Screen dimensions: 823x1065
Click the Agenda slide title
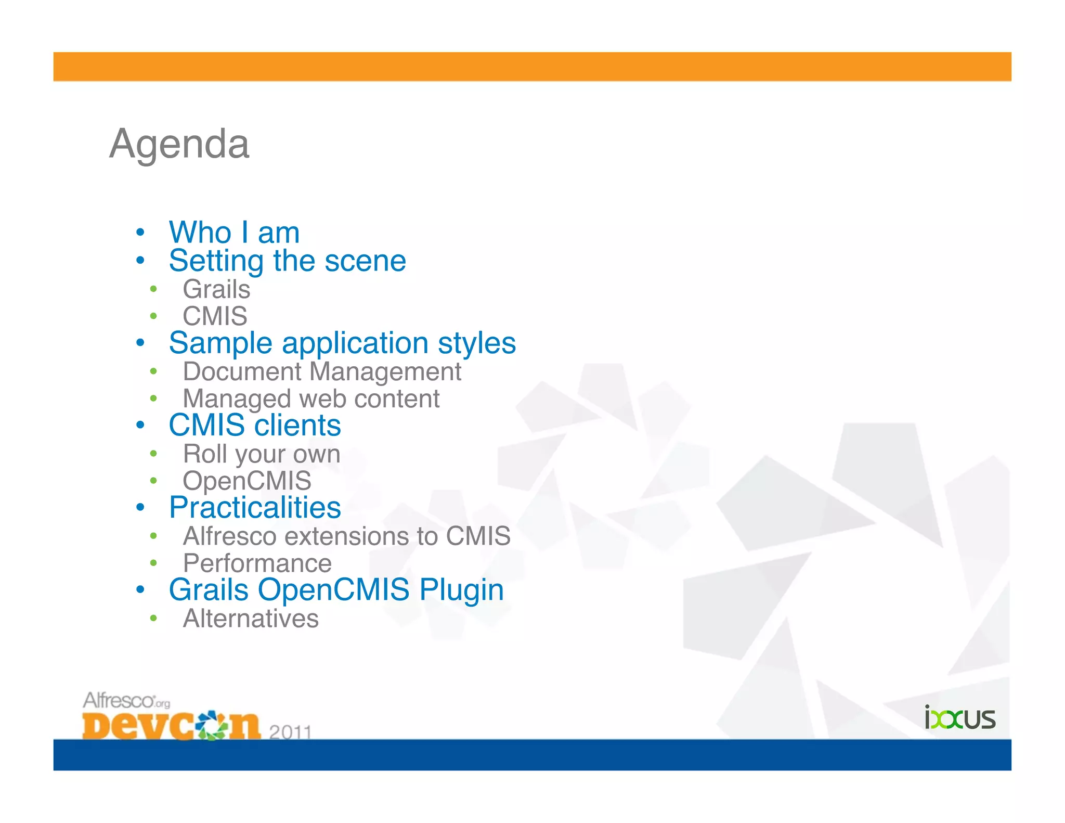click(x=179, y=144)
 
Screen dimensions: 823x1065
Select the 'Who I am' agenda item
click(x=234, y=233)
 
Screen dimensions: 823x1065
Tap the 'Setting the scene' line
click(x=287, y=261)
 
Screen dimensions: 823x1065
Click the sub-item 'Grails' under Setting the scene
click(x=216, y=289)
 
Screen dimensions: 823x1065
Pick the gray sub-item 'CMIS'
click(x=215, y=316)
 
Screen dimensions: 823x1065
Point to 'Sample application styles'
click(x=342, y=343)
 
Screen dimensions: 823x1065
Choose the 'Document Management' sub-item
click(x=322, y=372)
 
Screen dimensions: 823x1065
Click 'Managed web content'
click(x=311, y=399)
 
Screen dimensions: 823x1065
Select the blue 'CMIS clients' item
click(x=255, y=426)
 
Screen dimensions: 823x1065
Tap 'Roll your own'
click(x=262, y=454)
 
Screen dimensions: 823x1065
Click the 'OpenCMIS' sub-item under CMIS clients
click(x=247, y=481)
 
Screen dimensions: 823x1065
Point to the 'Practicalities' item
click(x=255, y=508)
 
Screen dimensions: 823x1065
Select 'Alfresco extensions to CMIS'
click(x=347, y=536)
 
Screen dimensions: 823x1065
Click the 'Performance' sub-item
click(x=257, y=563)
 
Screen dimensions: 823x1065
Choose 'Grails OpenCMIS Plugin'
click(x=336, y=590)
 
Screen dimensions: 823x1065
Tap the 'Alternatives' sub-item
click(x=251, y=619)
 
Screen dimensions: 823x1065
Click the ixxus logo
click(x=960, y=718)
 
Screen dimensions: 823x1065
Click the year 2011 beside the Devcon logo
click(x=290, y=732)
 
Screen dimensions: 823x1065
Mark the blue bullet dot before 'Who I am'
click(x=140, y=233)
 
